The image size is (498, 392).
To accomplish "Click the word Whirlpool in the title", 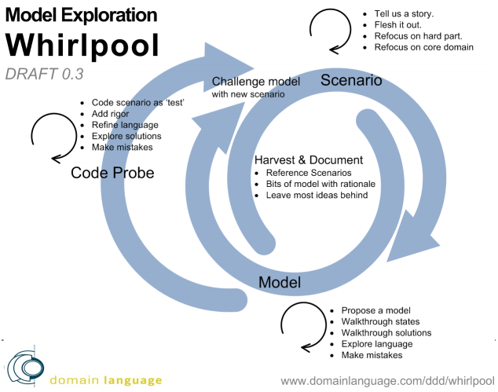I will click(82, 46).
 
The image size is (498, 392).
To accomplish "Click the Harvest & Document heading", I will click(308, 159).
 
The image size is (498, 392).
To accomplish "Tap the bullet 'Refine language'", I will click(125, 125).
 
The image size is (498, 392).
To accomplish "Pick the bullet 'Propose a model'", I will click(376, 310).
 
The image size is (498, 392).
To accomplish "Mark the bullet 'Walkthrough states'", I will click(380, 321).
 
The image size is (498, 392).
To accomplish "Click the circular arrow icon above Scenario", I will click(329, 32).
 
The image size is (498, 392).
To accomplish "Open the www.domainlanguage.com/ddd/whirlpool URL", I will click(387, 381).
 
